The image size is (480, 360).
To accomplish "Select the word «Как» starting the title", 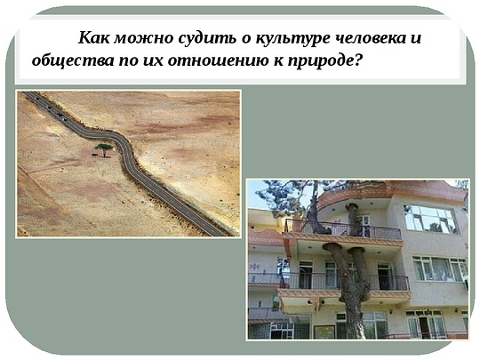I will pyautogui.click(x=93, y=38).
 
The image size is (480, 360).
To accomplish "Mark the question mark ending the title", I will pyautogui.click(x=360, y=61).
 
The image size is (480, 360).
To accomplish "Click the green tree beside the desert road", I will pyautogui.click(x=104, y=147).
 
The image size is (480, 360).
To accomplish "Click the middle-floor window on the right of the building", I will pyautogui.click(x=437, y=268).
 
